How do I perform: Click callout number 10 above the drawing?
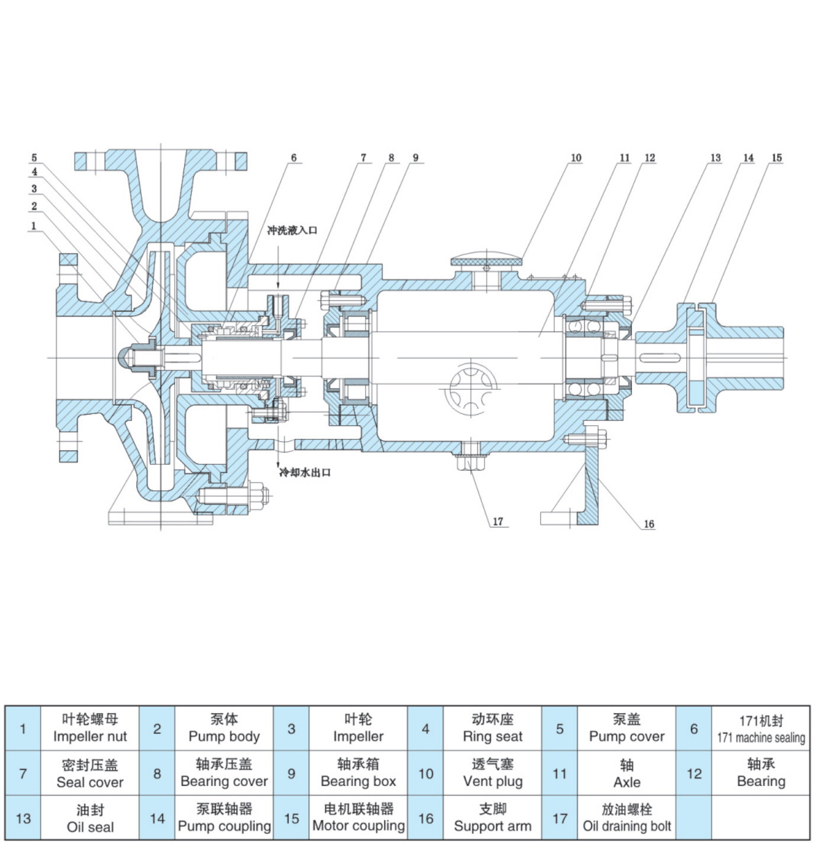click(576, 157)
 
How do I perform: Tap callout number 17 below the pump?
click(498, 521)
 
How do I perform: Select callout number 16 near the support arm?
click(648, 523)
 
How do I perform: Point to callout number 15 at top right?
click(776, 157)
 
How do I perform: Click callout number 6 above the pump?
click(293, 157)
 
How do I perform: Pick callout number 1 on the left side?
click(34, 225)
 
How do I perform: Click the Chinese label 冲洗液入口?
click(292, 230)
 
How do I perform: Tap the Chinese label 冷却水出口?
click(305, 472)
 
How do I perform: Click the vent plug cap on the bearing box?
click(487, 261)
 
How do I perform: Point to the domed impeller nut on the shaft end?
click(126, 357)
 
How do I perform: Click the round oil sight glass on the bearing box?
click(470, 390)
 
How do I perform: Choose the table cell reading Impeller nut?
click(90, 728)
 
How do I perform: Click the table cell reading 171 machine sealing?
click(761, 728)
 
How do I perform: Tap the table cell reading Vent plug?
click(493, 773)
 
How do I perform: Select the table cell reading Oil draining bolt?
click(626, 818)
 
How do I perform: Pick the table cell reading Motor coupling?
click(358, 818)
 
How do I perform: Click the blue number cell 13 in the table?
click(23, 818)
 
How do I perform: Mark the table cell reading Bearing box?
click(358, 773)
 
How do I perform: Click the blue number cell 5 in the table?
click(560, 728)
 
